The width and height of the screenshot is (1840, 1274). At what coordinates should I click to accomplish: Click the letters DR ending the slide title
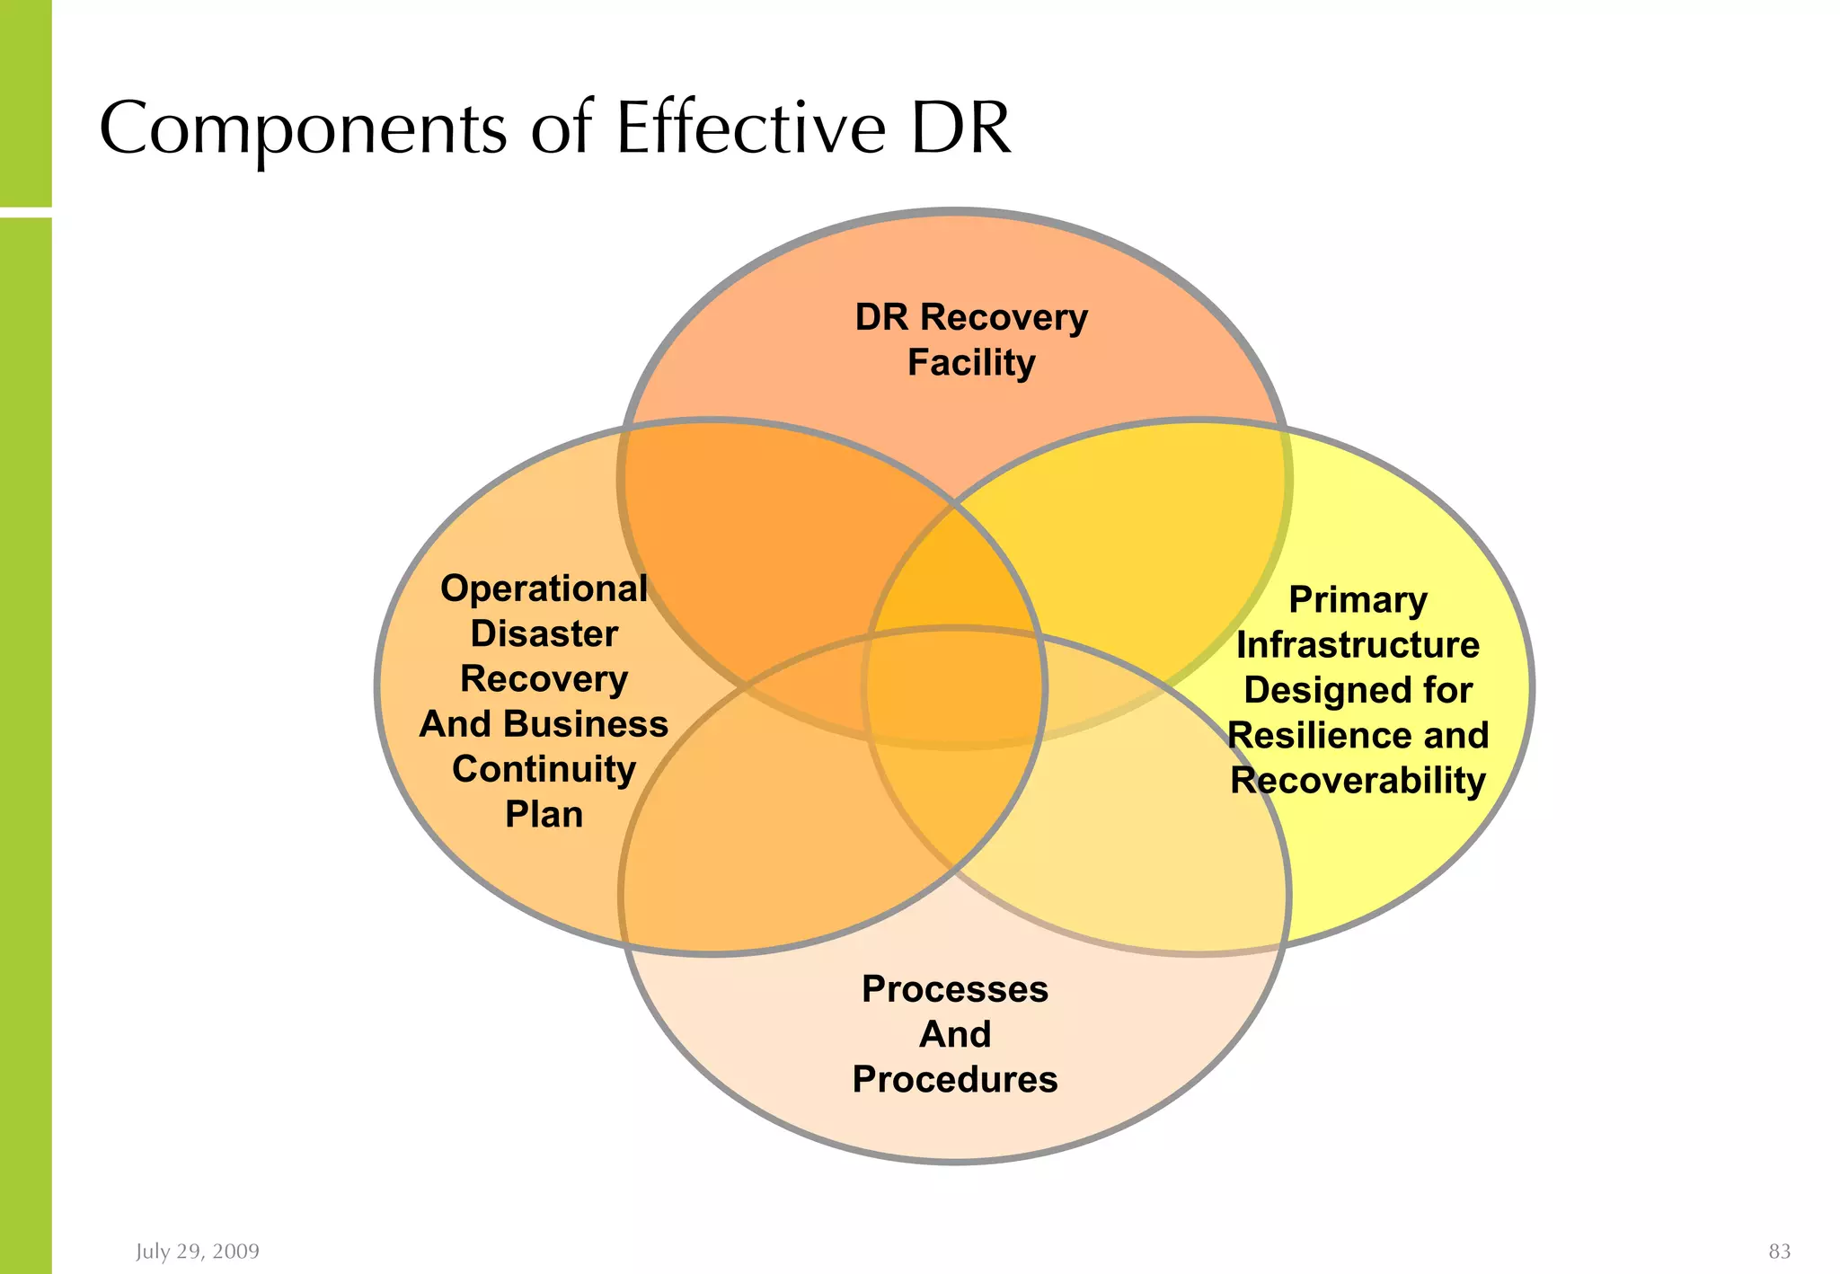[x=960, y=128]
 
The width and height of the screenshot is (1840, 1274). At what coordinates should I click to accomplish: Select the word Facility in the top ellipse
[x=971, y=363]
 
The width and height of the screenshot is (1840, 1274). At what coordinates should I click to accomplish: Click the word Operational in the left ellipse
[x=544, y=589]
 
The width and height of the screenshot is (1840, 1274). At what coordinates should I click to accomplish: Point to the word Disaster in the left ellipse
[x=544, y=634]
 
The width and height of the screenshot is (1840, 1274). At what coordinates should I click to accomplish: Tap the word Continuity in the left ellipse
[x=544, y=770]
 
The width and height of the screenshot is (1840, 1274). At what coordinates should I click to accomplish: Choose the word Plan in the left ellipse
[x=544, y=815]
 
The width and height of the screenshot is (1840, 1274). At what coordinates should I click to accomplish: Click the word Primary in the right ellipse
[x=1358, y=600]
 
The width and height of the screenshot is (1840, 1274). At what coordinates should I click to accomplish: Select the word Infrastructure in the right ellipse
[x=1358, y=645]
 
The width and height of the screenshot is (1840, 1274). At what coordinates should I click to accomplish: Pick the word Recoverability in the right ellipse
[x=1358, y=781]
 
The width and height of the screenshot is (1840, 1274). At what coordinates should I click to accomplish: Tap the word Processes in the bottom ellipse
[x=955, y=989]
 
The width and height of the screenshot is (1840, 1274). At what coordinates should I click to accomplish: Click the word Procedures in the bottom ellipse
[x=955, y=1080]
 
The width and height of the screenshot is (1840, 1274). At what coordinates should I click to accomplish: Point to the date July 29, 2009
[x=198, y=1252]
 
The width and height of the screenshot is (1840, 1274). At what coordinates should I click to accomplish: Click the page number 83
[x=1779, y=1252]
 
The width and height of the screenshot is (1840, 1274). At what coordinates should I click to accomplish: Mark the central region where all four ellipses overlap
[x=955, y=687]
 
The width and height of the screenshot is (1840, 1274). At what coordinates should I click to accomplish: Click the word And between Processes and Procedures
[x=955, y=1034]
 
